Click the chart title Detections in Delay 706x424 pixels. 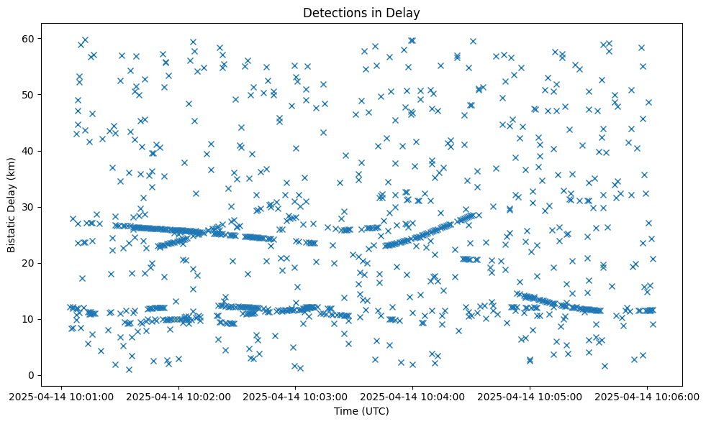pyautogui.click(x=361, y=12)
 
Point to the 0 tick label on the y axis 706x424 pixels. pyautogui.click(x=31, y=375)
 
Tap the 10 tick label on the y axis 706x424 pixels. pyautogui.click(x=28, y=319)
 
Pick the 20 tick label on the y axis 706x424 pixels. pyautogui.click(x=28, y=263)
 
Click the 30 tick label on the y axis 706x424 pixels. pyautogui.click(x=28, y=207)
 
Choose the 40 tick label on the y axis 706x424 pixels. pyautogui.click(x=28, y=151)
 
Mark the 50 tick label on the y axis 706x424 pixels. pyautogui.click(x=28, y=95)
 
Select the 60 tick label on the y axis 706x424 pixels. pyautogui.click(x=28, y=39)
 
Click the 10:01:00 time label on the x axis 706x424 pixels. pyautogui.click(x=62, y=397)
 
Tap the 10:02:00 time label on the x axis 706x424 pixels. pyautogui.click(x=179, y=397)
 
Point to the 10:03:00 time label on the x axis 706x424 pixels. pyautogui.click(x=296, y=397)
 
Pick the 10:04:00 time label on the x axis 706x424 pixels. pyautogui.click(x=413, y=397)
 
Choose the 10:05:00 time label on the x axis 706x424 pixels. pyautogui.click(x=530, y=397)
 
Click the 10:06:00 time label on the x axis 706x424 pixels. pyautogui.click(x=647, y=397)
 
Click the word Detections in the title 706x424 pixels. pyautogui.click(x=332, y=12)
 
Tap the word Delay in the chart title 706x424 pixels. pyautogui.click(x=405, y=12)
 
